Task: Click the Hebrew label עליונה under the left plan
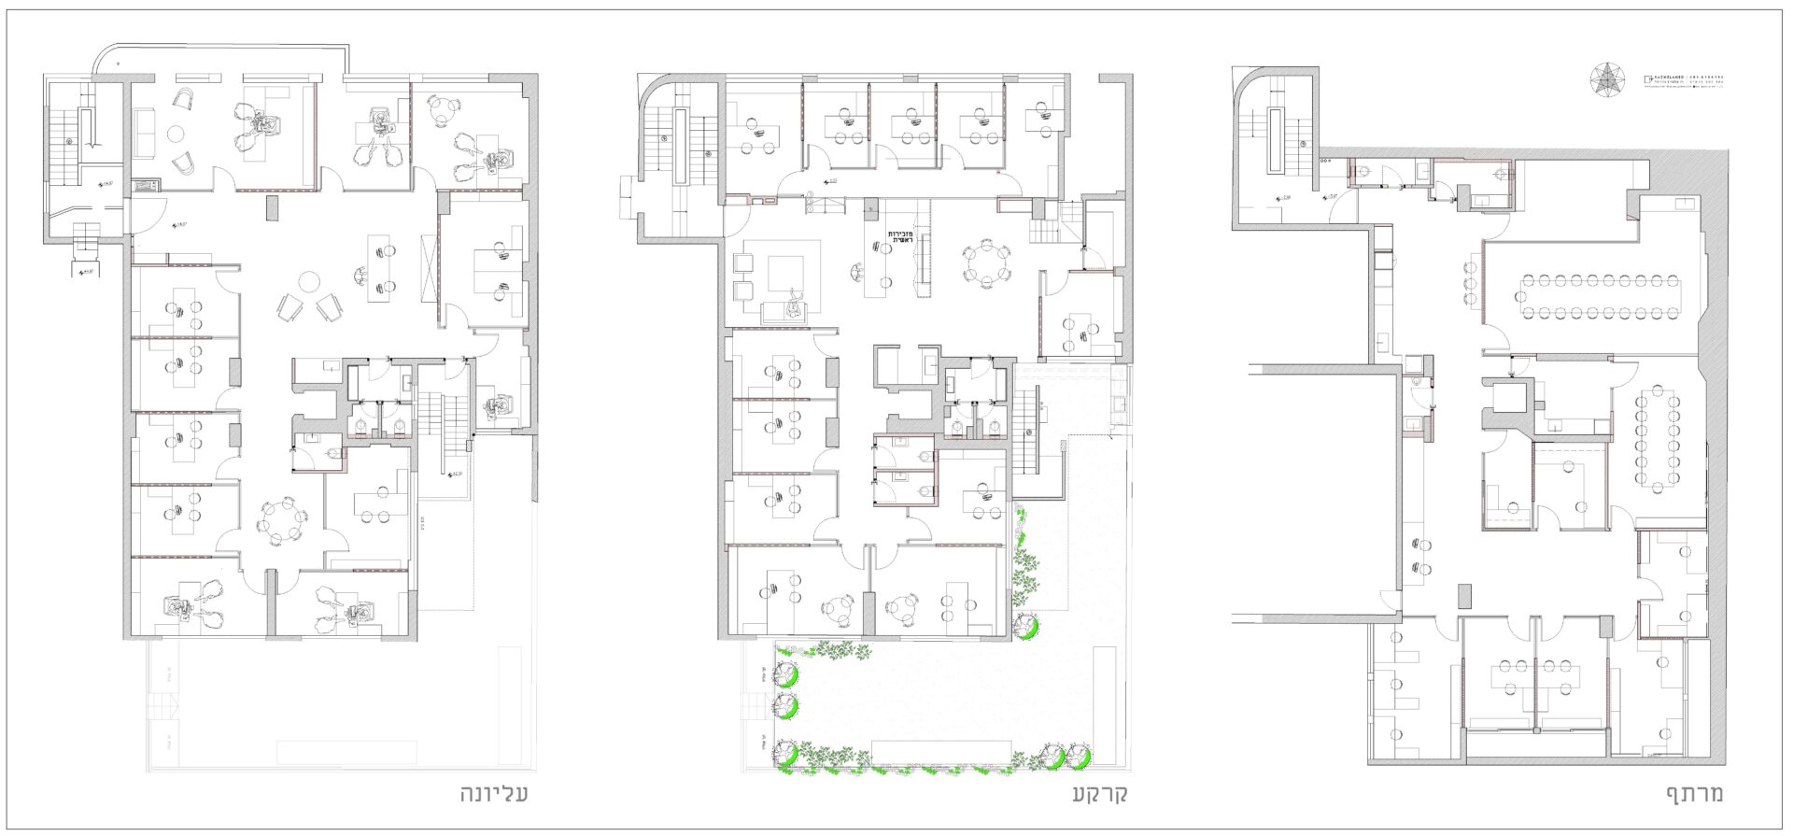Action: (495, 795)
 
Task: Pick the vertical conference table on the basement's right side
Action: (1655, 439)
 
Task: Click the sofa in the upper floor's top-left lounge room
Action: (146, 132)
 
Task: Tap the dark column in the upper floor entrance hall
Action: (271, 207)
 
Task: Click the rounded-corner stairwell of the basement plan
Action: (1277, 140)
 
